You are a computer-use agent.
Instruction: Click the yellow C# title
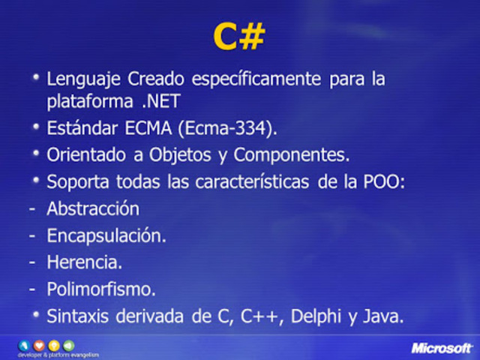tap(238, 37)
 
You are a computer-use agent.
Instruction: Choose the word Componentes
tap(292, 155)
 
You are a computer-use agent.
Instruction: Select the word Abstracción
tap(93, 208)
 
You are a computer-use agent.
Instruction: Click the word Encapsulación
tap(106, 235)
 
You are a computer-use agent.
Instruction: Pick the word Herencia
tap(84, 262)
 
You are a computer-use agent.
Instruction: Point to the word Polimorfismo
tap(101, 289)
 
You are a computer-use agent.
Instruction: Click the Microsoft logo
tap(442, 348)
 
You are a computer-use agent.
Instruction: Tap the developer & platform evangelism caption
tap(58, 354)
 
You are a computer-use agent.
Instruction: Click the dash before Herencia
tap(32, 262)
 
